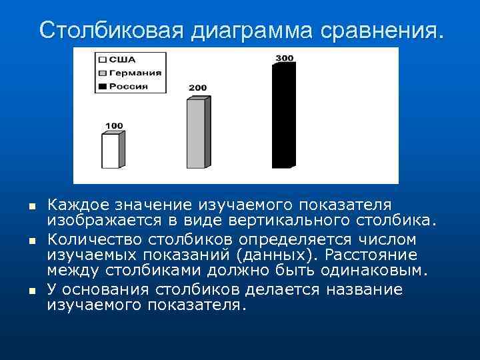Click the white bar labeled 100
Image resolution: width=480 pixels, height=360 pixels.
111,151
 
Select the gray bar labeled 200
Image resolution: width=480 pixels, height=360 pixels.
196,133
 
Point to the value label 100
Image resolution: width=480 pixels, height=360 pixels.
114,125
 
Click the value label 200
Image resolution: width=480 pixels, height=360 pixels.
197,88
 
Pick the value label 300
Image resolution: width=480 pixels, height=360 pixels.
284,58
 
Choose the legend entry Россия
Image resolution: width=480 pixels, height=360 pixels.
130,86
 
